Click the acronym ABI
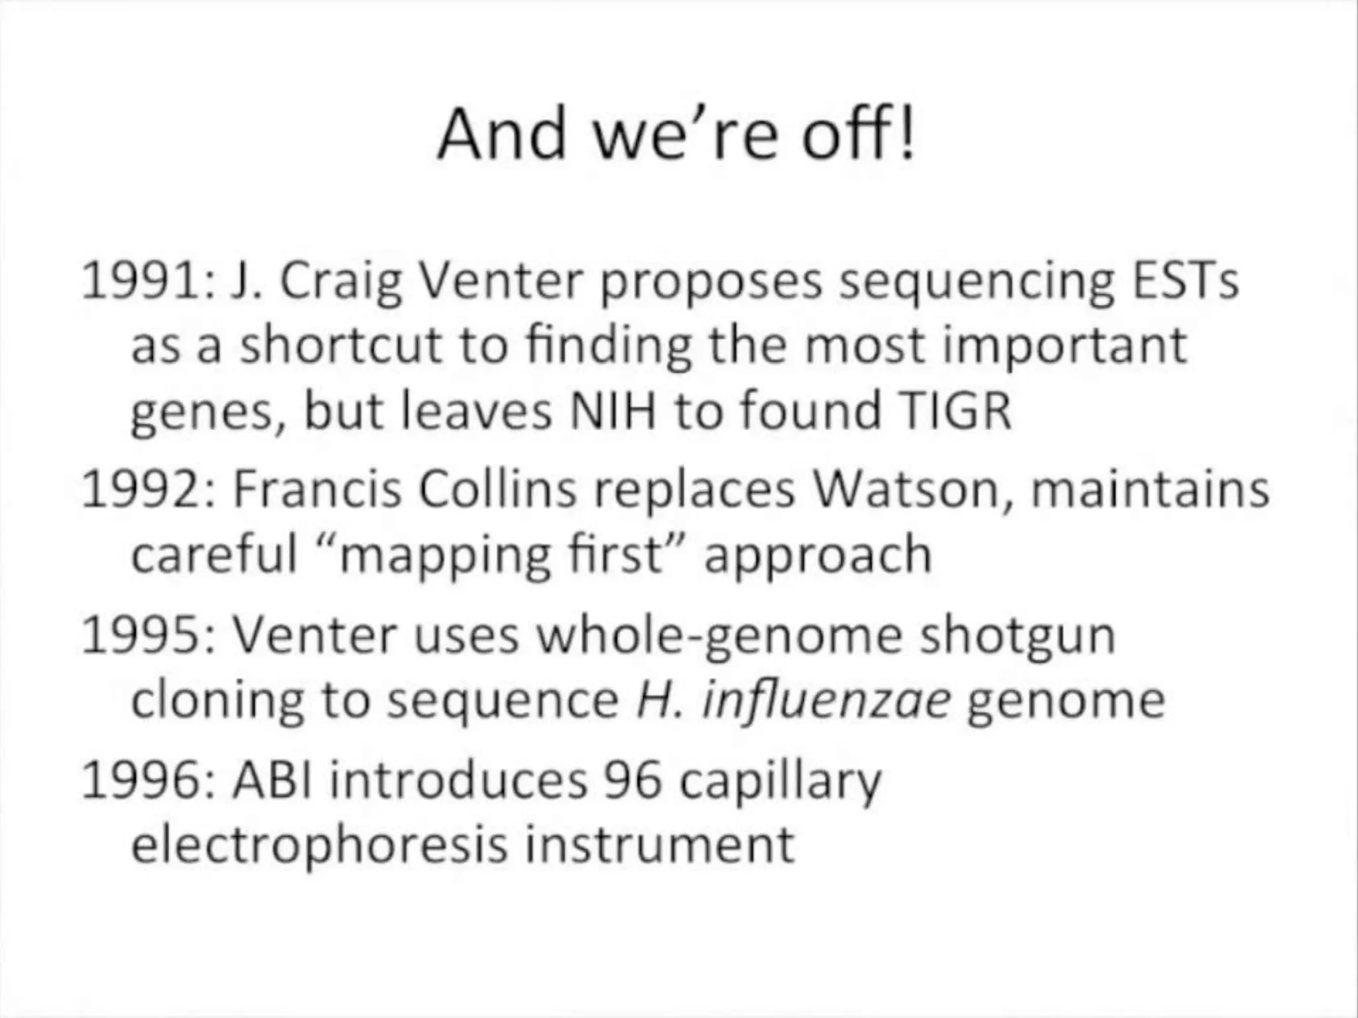coord(272,781)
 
